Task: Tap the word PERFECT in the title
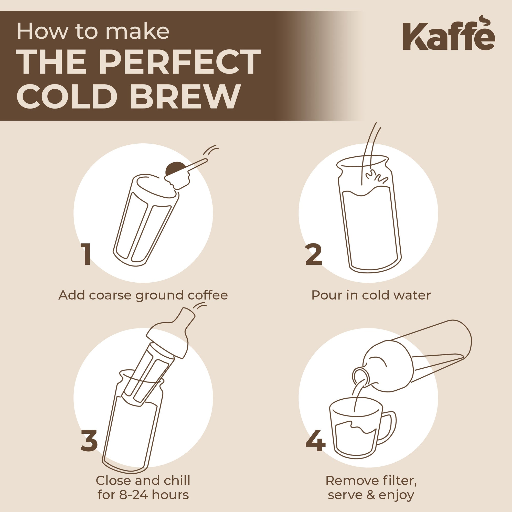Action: [x=180, y=62]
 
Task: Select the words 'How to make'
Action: [x=93, y=31]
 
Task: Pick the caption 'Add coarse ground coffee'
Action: [x=143, y=295]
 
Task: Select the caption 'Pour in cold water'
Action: [x=371, y=295]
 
